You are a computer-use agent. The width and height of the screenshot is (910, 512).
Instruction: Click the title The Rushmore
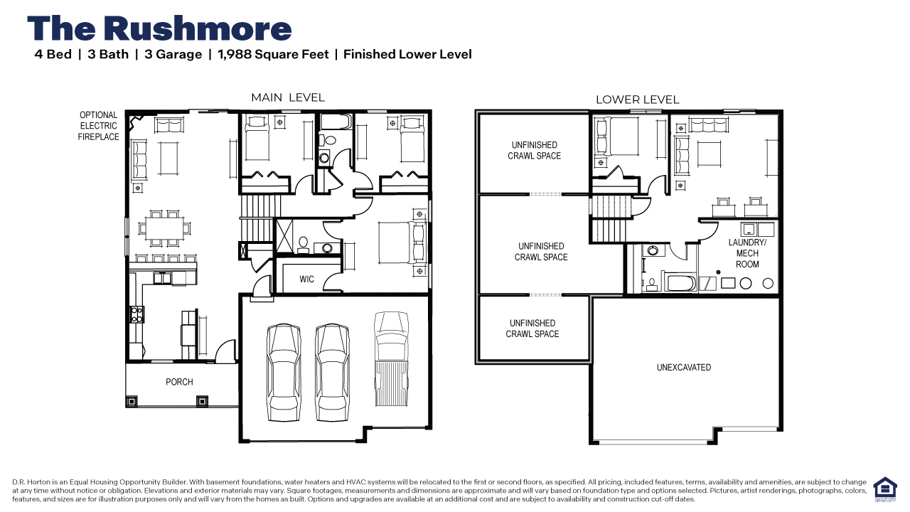(159, 28)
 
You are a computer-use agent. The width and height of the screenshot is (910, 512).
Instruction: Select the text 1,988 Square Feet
(272, 54)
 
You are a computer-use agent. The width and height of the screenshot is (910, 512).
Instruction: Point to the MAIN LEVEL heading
(287, 97)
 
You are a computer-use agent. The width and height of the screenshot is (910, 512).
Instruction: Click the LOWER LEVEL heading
(637, 100)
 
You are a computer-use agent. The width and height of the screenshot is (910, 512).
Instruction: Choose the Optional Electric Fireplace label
(98, 126)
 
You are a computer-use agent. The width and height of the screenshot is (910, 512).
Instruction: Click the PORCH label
(179, 382)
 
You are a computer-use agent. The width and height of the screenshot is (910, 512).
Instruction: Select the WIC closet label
(306, 279)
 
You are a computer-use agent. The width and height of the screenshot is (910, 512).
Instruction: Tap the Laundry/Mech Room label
(747, 253)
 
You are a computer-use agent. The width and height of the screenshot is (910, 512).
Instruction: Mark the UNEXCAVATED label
(683, 368)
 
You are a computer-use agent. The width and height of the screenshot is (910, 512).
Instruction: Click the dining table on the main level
(164, 228)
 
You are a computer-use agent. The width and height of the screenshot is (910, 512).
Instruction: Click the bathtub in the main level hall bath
(334, 122)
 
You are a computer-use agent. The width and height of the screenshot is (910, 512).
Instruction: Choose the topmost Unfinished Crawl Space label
(534, 151)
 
